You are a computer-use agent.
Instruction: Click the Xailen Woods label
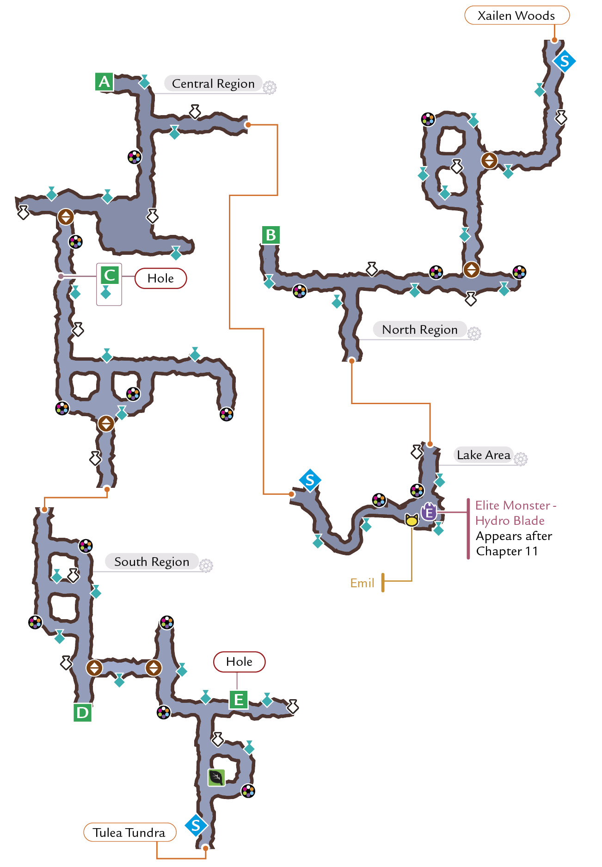(x=516, y=15)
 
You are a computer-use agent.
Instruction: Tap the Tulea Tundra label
(x=129, y=832)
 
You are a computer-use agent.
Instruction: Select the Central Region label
(x=213, y=84)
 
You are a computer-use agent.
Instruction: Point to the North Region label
(x=420, y=330)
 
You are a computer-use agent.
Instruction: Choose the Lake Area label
(x=483, y=455)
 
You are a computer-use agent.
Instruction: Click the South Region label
(x=152, y=562)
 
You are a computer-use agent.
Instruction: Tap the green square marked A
(x=104, y=82)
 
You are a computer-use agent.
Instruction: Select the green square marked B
(x=271, y=235)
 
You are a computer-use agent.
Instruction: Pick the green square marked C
(x=110, y=275)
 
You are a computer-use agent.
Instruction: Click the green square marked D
(x=83, y=713)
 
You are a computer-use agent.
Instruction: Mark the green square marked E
(x=239, y=700)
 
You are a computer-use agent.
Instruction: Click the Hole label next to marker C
(x=161, y=278)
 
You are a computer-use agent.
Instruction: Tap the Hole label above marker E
(x=240, y=662)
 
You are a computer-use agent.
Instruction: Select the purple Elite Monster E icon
(x=429, y=512)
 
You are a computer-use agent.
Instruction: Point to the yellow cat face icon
(x=412, y=520)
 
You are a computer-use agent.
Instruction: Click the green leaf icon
(x=216, y=778)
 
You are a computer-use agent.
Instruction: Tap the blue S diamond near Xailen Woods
(x=564, y=61)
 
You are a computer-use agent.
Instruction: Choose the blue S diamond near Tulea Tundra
(x=196, y=825)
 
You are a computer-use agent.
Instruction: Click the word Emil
(x=362, y=583)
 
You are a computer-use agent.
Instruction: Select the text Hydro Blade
(x=510, y=521)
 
